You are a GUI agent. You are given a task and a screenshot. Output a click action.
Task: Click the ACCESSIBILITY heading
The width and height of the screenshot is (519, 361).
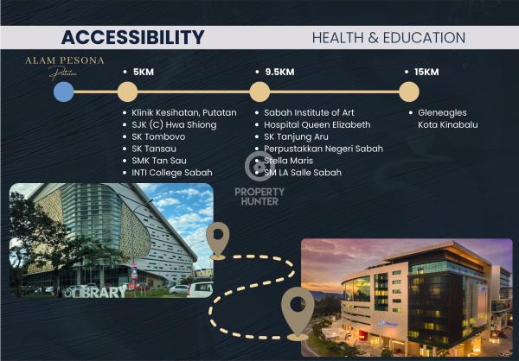click(x=132, y=37)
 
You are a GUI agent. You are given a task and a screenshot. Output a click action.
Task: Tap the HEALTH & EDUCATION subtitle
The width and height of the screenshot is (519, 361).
click(x=388, y=38)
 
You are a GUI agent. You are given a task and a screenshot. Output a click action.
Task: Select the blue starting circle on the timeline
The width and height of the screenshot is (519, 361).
click(x=63, y=92)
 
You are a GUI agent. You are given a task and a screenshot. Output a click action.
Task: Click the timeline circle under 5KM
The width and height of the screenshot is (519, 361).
click(x=127, y=92)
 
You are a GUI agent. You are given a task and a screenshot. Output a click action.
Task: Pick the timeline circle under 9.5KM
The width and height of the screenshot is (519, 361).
click(x=259, y=92)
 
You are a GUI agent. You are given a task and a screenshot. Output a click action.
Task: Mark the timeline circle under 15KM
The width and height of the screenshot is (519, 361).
click(x=409, y=92)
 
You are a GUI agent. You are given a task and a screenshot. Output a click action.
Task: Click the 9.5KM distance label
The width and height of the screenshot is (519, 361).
click(x=279, y=72)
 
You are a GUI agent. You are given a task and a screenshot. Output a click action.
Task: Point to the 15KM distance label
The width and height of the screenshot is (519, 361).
click(x=426, y=72)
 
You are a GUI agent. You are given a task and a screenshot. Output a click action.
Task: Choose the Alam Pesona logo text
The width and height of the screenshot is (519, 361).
click(x=65, y=60)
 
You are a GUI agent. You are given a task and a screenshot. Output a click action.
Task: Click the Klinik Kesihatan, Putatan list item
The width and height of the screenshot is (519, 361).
click(x=184, y=113)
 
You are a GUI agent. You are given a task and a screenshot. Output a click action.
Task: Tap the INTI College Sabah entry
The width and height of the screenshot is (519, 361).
click(x=172, y=173)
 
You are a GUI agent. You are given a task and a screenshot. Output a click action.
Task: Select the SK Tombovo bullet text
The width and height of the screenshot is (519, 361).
click(x=158, y=136)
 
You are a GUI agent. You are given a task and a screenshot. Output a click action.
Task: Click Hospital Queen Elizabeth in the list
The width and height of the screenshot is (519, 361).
click(x=317, y=124)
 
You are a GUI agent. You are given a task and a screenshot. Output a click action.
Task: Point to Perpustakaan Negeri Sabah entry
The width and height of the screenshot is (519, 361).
click(x=324, y=149)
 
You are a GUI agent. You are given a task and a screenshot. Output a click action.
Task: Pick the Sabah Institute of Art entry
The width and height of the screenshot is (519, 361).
click(x=309, y=113)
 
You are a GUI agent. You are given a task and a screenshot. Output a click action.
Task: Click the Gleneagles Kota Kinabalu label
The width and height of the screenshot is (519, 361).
click(x=447, y=118)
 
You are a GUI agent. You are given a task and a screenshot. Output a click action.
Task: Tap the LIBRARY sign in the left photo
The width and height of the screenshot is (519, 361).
click(x=95, y=292)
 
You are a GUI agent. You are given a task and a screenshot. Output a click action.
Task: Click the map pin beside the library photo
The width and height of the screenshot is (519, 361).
click(x=218, y=241)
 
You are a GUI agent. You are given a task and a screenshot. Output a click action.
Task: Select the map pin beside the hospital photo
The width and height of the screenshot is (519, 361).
click(x=298, y=313)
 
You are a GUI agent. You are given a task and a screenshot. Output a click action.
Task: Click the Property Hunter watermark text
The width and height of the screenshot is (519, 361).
click(x=259, y=197)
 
